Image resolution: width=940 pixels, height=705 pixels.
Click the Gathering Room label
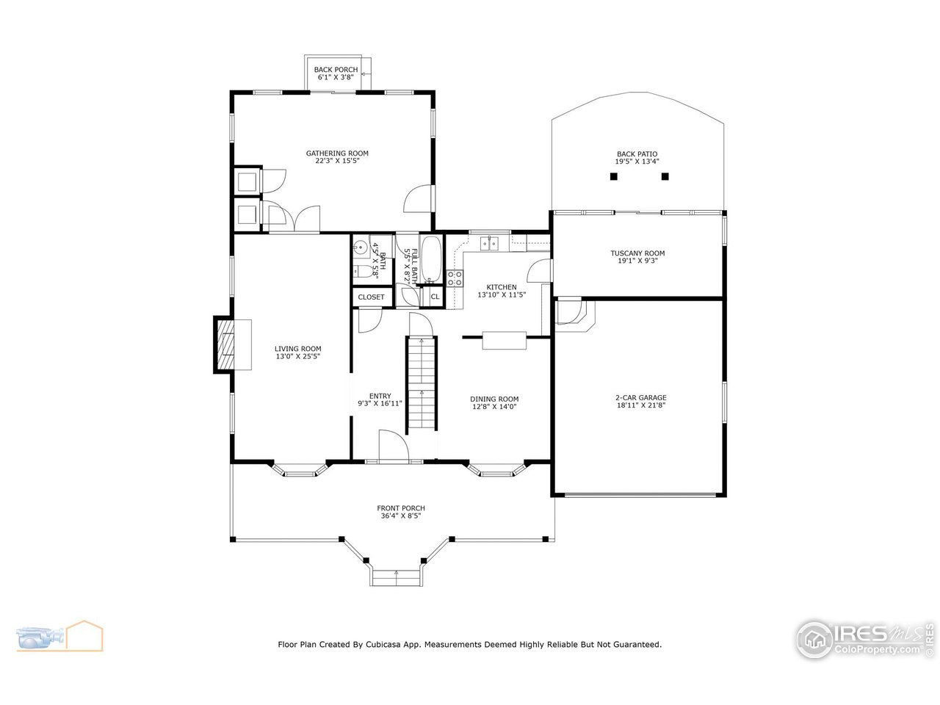[337, 153]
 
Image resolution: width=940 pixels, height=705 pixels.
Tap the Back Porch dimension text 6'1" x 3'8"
[336, 77]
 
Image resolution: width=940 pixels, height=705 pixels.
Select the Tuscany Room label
[637, 253]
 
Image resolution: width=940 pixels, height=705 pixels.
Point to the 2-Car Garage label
[640, 398]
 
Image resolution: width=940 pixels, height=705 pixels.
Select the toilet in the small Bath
[361, 271]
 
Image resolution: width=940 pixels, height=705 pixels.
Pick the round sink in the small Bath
[361, 248]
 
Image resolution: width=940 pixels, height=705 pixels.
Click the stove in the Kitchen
[455, 278]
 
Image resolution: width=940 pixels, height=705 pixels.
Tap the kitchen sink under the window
[489, 242]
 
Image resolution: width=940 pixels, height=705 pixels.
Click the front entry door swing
[392, 446]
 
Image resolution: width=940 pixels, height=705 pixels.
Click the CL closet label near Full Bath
[435, 297]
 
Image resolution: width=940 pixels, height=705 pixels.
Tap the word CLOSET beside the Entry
[372, 297]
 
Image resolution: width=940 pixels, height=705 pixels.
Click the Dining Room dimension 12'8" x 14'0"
[494, 406]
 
